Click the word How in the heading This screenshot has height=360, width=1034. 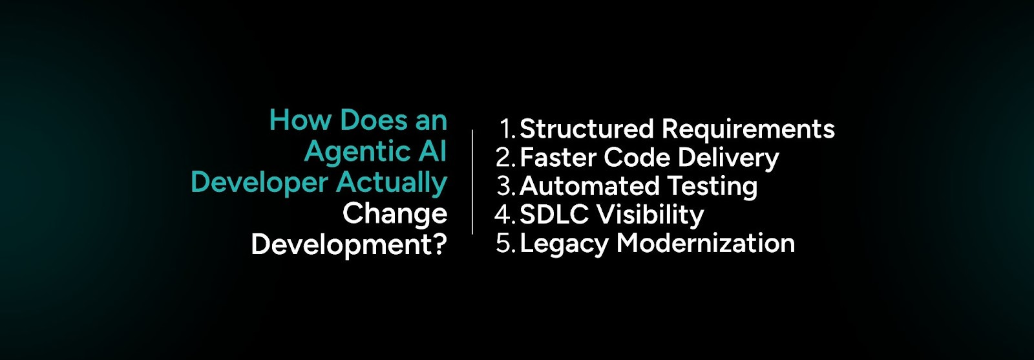[301, 120]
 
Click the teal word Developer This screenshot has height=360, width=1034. [259, 183]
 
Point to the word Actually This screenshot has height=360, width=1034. [392, 183]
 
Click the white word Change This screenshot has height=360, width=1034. [394, 214]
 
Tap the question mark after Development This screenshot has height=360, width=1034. [440, 244]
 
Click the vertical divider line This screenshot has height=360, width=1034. [472, 182]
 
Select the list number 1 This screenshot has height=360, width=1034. [506, 129]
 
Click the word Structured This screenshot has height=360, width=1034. [587, 129]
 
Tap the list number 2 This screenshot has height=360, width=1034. [504, 158]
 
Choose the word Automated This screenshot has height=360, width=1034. [589, 186]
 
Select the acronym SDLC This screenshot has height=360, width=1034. [553, 215]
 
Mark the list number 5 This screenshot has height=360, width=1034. [504, 244]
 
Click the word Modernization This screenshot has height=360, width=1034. [706, 244]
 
